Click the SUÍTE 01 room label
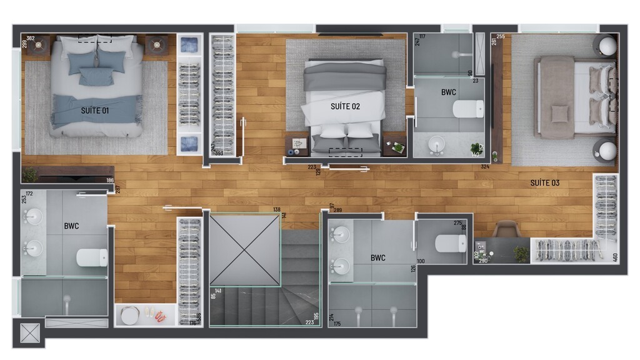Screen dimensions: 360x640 click(95, 111)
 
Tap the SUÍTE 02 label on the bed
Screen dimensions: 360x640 click(345, 106)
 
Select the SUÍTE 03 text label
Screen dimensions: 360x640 click(544, 183)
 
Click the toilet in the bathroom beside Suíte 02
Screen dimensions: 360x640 click(467, 110)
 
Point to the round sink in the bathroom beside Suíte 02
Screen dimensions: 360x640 click(436, 148)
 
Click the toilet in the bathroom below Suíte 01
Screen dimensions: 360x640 click(92, 257)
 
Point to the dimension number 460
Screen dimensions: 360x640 click(615, 256)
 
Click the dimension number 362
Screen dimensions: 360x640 click(31, 39)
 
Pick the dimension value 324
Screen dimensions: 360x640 click(485, 167)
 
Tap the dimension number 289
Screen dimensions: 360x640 click(337, 211)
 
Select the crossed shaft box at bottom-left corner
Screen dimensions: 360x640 click(29, 332)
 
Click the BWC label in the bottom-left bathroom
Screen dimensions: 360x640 click(71, 226)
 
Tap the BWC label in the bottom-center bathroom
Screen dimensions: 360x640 click(377, 257)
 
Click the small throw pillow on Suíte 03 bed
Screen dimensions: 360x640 click(559, 113)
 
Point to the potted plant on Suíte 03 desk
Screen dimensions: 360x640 click(521, 254)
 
